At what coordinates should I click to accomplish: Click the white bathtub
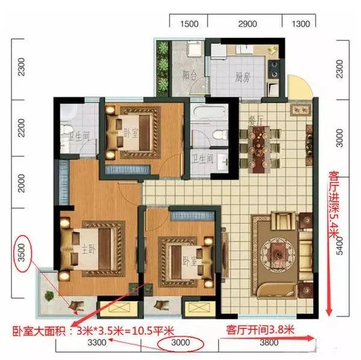[x=206, y=113]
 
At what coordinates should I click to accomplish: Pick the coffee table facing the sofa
[x=277, y=247]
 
